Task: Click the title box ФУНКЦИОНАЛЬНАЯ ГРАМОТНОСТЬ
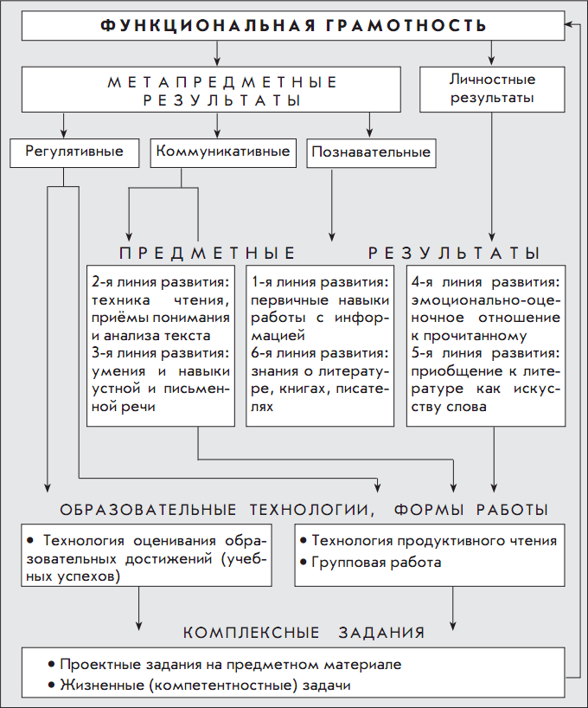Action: (x=293, y=26)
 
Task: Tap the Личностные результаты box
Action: (x=491, y=89)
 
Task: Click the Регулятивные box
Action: (x=73, y=152)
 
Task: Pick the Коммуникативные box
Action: (x=222, y=152)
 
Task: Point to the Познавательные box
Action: (x=370, y=153)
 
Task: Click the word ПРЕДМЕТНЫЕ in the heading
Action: (x=208, y=254)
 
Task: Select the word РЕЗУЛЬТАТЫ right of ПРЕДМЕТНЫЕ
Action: (x=454, y=254)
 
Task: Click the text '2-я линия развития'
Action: (x=160, y=283)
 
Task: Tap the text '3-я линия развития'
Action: (x=160, y=353)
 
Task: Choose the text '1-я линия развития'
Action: (x=319, y=283)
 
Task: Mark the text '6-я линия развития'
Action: (x=319, y=353)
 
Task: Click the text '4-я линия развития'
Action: (x=485, y=283)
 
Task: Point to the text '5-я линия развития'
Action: (x=485, y=353)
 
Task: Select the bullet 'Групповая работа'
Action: (x=376, y=563)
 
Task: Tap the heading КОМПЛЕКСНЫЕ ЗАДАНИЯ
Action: (x=304, y=633)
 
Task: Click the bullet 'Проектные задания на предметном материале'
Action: (x=230, y=665)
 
